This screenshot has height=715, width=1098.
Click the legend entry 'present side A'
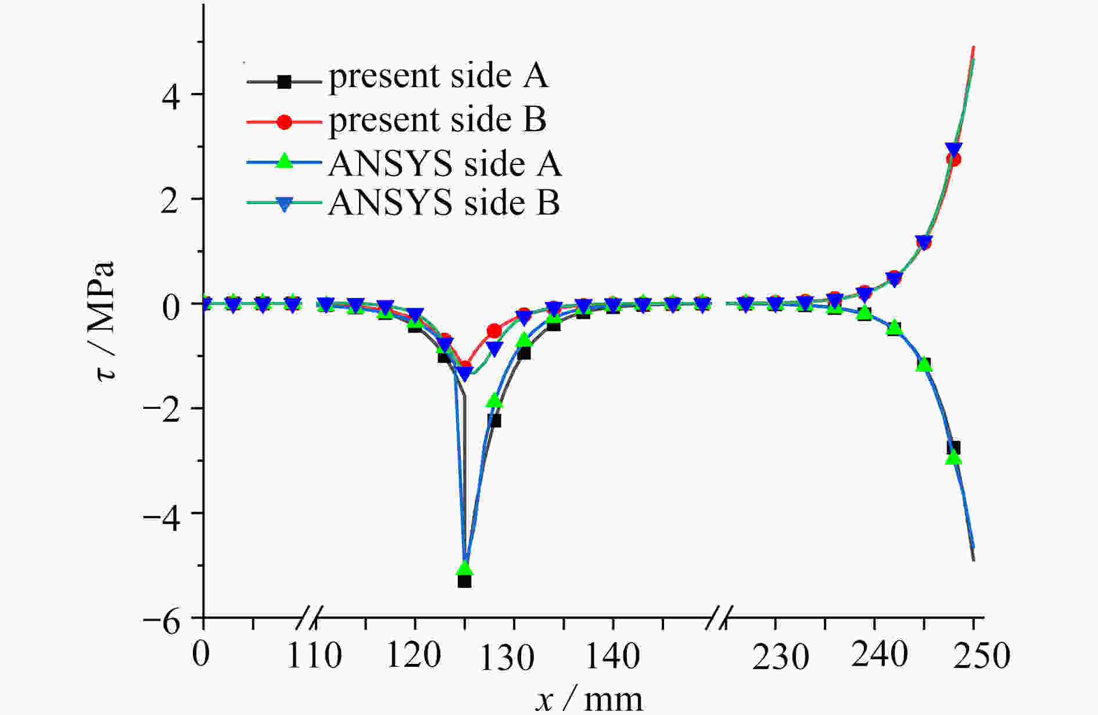pyautogui.click(x=438, y=77)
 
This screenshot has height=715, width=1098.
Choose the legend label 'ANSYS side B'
pyautogui.click(x=444, y=203)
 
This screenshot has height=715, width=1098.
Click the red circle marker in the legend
pyautogui.click(x=284, y=122)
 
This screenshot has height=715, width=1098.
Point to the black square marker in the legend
pyautogui.click(x=284, y=81)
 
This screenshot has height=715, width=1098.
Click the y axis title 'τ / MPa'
pyautogui.click(x=106, y=321)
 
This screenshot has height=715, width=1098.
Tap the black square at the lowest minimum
pyautogui.click(x=464, y=581)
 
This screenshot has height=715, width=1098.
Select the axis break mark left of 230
pyautogui.click(x=721, y=618)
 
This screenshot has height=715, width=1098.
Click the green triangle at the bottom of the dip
pyautogui.click(x=464, y=568)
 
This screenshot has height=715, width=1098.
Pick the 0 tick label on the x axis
pyautogui.click(x=201, y=654)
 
